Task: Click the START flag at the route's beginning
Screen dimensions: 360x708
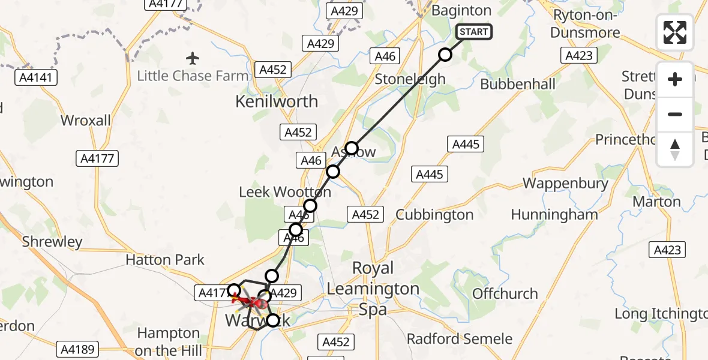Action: point(474,32)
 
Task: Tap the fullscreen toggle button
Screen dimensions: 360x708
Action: point(675,32)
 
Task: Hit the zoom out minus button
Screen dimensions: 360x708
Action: point(675,114)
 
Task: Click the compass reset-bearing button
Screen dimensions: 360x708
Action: point(675,149)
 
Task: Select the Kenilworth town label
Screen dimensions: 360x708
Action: point(277,101)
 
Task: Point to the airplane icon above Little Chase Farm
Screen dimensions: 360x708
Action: point(192,58)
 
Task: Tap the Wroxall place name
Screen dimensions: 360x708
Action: point(86,121)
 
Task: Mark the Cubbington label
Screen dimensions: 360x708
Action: point(434,215)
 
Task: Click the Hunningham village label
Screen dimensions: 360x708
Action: point(554,214)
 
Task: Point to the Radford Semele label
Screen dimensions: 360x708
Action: point(460,339)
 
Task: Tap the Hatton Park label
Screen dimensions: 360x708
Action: point(165,260)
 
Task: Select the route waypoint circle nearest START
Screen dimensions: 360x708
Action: point(445,55)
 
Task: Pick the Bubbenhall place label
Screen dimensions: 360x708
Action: point(518,84)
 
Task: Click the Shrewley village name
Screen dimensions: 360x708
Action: point(52,242)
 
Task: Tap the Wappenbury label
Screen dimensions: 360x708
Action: point(565,184)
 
